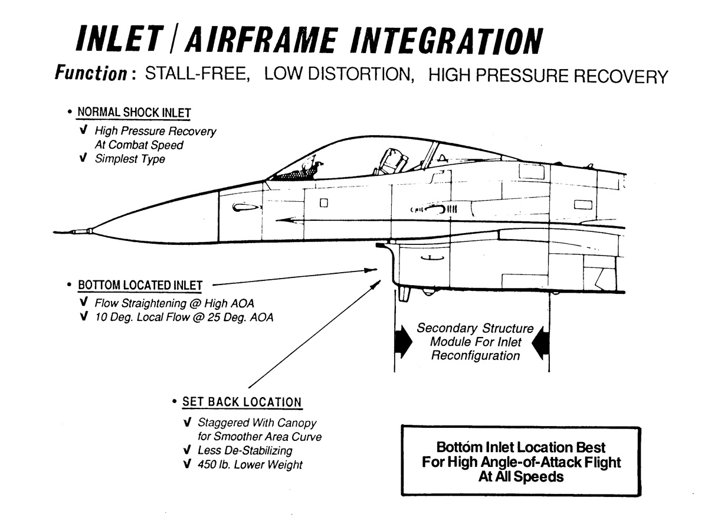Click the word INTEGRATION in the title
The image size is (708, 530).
447,41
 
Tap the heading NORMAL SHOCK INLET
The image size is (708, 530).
135,112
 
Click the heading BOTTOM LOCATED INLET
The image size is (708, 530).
140,286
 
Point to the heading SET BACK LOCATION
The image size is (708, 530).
242,403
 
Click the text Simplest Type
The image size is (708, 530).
130,159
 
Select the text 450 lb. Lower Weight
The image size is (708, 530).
250,464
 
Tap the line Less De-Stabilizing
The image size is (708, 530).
244,451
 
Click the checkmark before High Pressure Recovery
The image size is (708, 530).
83,131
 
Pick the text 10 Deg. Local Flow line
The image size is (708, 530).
184,318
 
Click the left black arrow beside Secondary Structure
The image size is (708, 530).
404,343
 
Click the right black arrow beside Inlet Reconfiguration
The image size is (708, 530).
541,342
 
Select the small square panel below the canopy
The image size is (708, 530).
323,203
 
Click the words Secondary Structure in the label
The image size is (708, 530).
475,329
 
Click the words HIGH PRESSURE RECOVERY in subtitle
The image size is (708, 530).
548,76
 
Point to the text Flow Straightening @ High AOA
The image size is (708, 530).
175,304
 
